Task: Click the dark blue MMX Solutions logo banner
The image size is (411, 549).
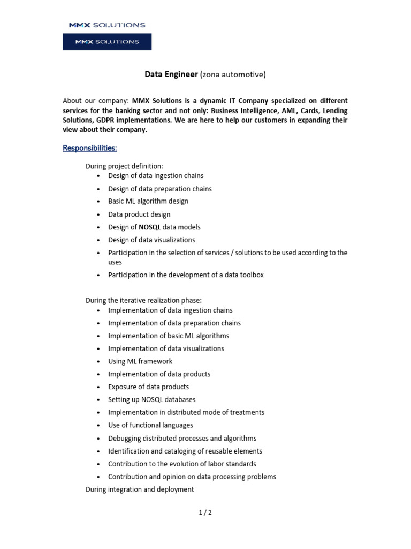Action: coord(107,42)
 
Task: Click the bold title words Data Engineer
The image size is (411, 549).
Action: coord(171,75)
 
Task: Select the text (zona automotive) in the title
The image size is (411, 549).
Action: coord(233,75)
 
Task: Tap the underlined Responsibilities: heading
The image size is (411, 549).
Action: coord(89,148)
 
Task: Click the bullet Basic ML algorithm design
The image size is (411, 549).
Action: coord(148,201)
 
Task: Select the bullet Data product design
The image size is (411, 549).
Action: coord(139,214)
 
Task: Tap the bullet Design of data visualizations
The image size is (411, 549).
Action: coord(151,240)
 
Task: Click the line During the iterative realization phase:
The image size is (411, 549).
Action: coord(143,300)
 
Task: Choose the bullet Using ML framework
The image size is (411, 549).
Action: coord(140,361)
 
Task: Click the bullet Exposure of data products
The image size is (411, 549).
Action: coord(148,387)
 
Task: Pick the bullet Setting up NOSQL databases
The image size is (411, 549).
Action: coord(151,400)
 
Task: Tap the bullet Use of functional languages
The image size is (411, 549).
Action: coord(150,425)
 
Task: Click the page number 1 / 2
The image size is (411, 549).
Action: coord(205,513)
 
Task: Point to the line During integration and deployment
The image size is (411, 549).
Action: coord(140,489)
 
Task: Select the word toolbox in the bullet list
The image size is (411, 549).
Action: coord(251,275)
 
